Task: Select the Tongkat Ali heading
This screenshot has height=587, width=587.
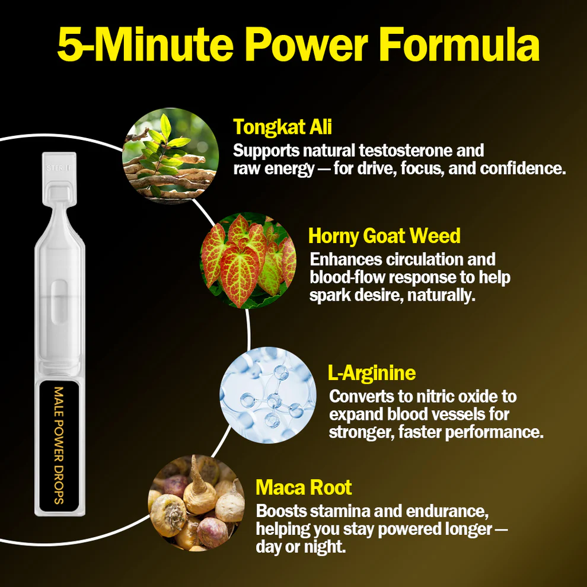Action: tap(282, 126)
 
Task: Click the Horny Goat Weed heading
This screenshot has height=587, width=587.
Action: tap(384, 236)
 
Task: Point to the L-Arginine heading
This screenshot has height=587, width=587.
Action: tap(372, 372)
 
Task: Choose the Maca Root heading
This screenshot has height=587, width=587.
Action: tap(304, 487)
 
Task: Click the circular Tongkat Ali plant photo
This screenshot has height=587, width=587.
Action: tap(171, 156)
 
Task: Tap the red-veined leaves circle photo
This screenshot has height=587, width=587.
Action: tap(248, 260)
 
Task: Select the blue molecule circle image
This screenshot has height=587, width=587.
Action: tap(267, 395)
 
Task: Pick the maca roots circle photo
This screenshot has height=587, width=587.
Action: tap(196, 503)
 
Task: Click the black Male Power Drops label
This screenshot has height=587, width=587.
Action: tap(59, 446)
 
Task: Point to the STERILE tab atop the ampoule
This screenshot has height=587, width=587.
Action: tap(59, 167)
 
